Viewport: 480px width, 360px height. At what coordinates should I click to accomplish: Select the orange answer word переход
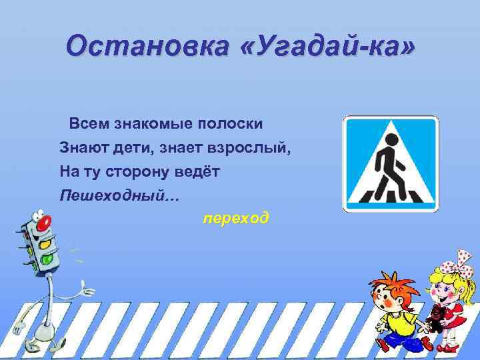[x=237, y=218]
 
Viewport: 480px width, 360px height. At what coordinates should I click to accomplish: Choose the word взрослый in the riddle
[x=257, y=148]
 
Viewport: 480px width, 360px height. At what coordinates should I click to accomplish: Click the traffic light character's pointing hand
[x=87, y=289]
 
